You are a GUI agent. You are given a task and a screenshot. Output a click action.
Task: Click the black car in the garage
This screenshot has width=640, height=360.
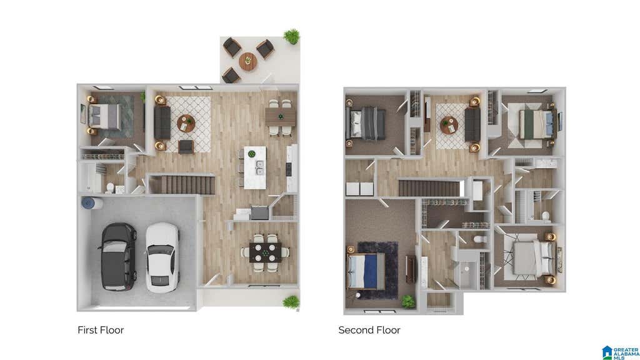118,256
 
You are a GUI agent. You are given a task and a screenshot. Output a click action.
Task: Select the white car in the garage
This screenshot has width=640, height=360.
163,257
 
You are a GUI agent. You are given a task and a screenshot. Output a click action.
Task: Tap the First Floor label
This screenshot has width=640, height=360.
101,330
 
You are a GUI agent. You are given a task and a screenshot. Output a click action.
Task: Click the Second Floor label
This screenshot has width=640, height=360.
369,330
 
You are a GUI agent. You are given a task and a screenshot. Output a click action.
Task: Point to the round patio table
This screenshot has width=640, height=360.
247,62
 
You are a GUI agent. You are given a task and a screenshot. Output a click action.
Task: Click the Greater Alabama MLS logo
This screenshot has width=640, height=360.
620,352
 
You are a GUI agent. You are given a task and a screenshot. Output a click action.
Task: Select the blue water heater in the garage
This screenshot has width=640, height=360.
88,203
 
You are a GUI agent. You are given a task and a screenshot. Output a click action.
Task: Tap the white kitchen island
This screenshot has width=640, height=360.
255,167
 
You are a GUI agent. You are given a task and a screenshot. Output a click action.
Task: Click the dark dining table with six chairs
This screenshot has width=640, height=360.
265,252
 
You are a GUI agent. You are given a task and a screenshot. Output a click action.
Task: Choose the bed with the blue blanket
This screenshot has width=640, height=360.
366,271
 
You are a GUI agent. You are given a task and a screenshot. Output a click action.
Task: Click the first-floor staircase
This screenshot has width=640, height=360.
182,185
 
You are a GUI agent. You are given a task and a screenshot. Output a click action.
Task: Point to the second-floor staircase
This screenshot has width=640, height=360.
431,188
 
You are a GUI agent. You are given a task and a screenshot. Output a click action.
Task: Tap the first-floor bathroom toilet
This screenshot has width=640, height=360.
110,187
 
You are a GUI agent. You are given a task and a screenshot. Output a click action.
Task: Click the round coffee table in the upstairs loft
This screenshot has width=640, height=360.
449,125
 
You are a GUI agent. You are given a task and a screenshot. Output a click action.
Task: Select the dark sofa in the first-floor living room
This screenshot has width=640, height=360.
162,122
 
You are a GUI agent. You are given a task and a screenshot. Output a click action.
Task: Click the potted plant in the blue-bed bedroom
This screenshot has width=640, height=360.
407,301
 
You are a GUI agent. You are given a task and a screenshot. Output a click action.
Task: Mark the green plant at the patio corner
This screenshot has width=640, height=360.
291,36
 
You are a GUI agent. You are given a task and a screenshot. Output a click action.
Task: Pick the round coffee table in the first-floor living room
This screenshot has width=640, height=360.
186,123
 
